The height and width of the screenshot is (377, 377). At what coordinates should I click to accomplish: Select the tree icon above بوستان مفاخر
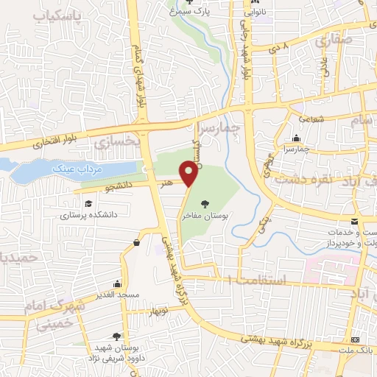tap(204, 203)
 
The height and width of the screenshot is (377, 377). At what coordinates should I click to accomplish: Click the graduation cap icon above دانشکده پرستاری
tap(88, 203)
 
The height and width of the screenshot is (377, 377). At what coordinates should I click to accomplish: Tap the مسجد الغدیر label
tap(117, 295)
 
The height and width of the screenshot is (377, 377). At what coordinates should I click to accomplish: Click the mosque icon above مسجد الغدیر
tap(117, 283)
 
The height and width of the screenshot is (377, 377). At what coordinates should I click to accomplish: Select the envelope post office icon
tap(354, 222)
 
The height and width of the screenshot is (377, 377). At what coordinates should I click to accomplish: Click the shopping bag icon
tap(137, 242)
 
